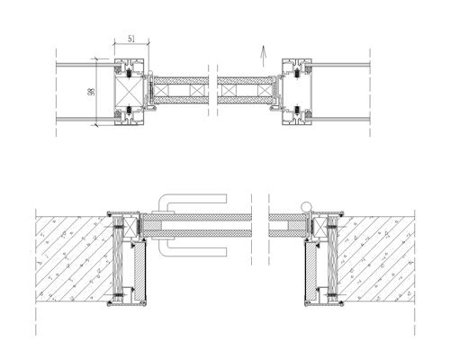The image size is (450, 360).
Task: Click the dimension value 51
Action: (131, 39)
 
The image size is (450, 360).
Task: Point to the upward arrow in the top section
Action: (263, 56)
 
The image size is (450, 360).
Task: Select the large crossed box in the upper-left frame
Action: (130, 92)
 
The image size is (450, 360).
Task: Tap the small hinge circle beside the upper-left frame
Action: (150, 73)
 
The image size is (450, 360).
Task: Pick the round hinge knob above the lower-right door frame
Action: (307, 206)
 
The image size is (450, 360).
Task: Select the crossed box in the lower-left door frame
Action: (130, 224)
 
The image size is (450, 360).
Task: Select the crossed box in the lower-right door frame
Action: (319, 224)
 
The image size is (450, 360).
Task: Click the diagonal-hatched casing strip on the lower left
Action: (139, 271)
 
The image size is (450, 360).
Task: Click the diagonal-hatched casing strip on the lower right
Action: (310, 271)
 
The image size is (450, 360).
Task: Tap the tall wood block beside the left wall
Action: (118, 259)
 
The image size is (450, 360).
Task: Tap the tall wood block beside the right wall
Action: (332, 259)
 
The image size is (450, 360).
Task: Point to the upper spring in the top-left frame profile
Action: (130, 72)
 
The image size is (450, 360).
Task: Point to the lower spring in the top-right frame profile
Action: (297, 111)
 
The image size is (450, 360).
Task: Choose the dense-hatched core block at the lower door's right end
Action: (297, 226)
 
